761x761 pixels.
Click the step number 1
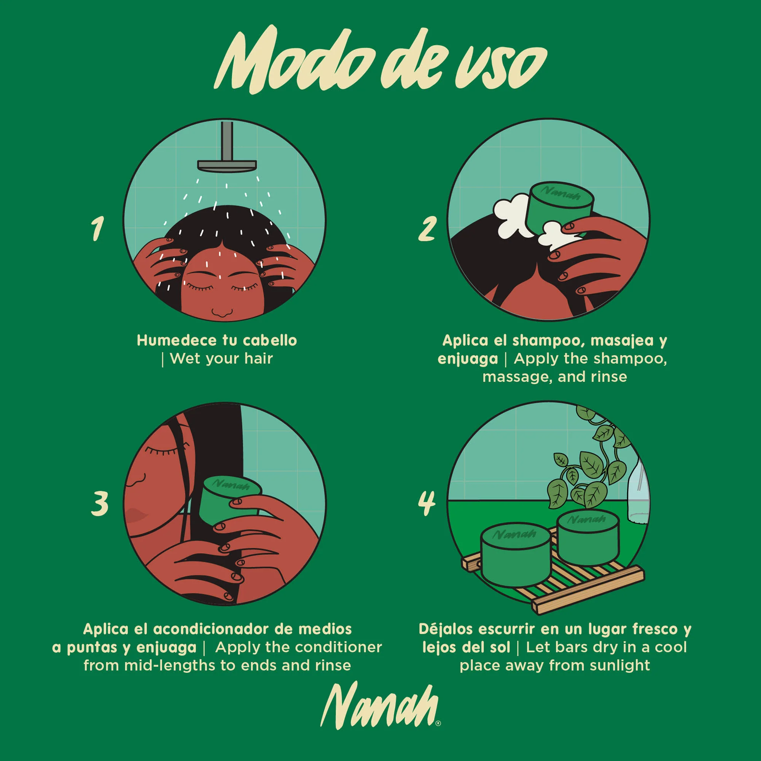click(97, 228)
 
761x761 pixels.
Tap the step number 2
click(427, 228)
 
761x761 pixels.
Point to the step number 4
click(427, 503)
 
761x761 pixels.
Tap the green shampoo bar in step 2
click(559, 207)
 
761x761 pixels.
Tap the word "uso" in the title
click(500, 67)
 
